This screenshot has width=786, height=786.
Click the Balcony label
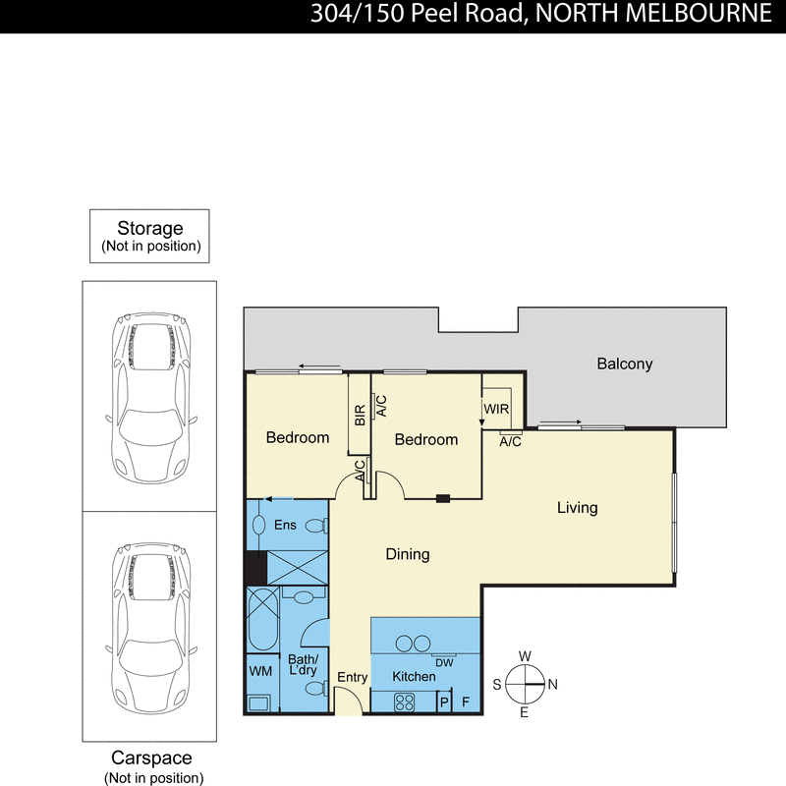624,364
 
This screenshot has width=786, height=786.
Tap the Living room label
577,508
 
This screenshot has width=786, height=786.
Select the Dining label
407,554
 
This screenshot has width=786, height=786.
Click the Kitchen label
414,677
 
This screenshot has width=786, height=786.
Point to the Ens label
285,526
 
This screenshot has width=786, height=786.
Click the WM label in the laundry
260,671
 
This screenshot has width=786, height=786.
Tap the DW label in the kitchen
443,662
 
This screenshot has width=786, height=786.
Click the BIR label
360,416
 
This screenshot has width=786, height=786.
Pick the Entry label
352,678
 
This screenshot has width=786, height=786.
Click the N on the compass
553,685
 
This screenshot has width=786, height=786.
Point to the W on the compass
525,656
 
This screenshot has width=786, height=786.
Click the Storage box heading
150,228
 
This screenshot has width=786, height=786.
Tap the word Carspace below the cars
152,758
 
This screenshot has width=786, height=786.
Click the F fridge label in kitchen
466,702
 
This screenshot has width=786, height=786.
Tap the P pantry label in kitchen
443,702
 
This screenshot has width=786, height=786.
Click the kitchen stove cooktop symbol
404,702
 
